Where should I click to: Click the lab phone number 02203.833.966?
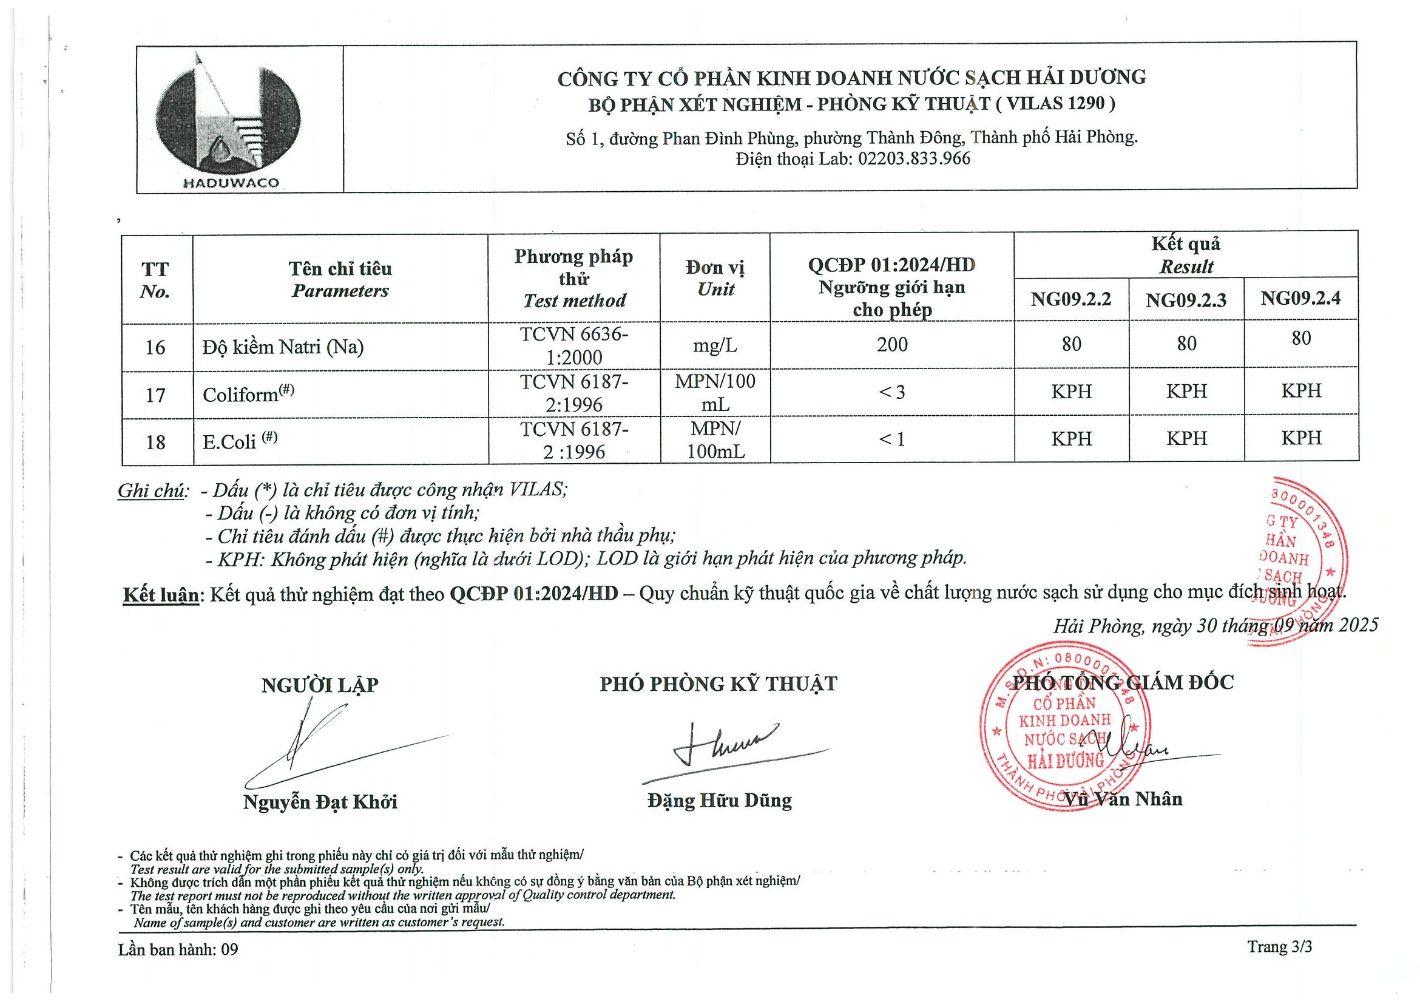click(x=913, y=159)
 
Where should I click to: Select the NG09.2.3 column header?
click(x=1186, y=300)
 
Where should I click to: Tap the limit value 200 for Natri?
click(x=891, y=345)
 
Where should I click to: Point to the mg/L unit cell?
click(x=715, y=345)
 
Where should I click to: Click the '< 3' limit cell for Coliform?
click(x=891, y=392)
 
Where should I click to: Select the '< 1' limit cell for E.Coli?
click(x=891, y=439)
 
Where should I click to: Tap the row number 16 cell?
click(x=155, y=348)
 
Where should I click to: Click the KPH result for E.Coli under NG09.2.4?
click(x=1300, y=438)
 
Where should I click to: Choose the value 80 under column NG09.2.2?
click(x=1071, y=344)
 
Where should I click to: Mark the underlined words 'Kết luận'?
click(x=161, y=594)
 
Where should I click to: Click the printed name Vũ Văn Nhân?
click(x=1123, y=799)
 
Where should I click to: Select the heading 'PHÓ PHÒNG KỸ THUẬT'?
click(x=718, y=684)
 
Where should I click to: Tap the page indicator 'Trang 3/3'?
click(x=1279, y=947)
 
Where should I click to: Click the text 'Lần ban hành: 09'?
click(x=178, y=949)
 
